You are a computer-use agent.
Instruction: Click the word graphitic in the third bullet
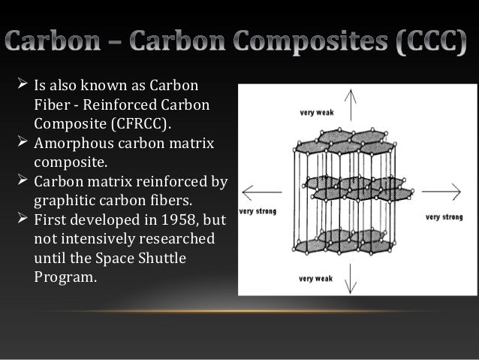[x=65, y=201]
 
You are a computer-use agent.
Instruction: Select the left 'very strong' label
[x=258, y=212]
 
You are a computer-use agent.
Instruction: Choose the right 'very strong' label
[x=444, y=217]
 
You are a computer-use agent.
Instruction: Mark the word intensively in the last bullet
[x=98, y=240]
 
